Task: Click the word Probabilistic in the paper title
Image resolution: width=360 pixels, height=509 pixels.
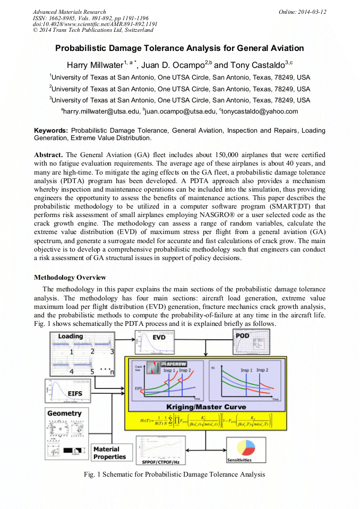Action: point(82,48)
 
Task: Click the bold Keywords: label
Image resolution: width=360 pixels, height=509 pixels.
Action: point(51,130)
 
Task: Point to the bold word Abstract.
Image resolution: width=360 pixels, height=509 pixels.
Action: point(48,154)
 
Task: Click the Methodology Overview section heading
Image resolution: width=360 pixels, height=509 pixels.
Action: point(70,278)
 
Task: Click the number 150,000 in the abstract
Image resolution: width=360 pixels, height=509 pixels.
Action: point(198,154)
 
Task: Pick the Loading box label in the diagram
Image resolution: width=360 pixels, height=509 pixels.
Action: point(70,337)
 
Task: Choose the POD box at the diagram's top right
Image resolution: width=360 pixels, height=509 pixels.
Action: point(243,335)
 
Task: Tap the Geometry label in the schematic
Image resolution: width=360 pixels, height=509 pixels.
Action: point(64,413)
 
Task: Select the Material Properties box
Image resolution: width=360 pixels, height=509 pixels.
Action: point(109,453)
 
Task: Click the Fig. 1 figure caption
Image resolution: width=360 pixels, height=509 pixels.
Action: point(178,474)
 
